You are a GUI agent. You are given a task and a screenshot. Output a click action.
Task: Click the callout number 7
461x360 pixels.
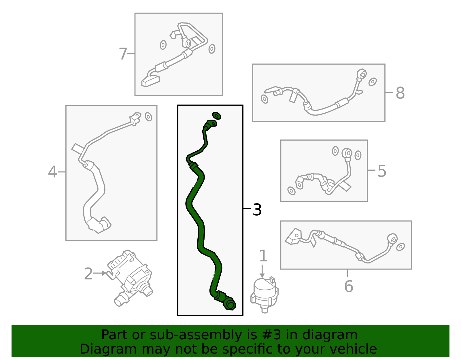[123, 54]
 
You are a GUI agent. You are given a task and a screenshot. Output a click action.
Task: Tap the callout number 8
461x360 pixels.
[400, 93]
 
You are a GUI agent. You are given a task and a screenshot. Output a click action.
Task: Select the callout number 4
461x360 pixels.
[52, 171]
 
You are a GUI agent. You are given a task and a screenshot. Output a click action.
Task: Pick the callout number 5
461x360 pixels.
[382, 171]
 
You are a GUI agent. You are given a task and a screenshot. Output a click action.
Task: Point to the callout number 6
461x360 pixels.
[349, 286]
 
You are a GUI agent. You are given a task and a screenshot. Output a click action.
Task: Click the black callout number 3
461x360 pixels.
[257, 210]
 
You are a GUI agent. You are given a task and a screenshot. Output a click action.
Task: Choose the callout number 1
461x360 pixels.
[263, 255]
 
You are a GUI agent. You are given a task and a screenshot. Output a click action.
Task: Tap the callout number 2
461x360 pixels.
[88, 274]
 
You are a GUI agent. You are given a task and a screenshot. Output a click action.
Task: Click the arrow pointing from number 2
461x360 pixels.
[100, 273]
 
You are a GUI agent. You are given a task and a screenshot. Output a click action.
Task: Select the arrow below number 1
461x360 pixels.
[262, 271]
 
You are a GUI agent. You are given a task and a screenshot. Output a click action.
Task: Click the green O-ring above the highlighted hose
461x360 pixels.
[217, 116]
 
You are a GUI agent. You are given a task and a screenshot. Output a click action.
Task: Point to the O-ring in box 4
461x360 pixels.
[148, 117]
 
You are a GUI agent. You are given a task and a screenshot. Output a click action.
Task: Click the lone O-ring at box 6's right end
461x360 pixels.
[400, 247]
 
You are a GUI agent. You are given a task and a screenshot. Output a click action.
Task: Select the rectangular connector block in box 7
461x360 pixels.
[150, 81]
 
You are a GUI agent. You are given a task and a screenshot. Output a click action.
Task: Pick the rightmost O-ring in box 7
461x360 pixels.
[212, 49]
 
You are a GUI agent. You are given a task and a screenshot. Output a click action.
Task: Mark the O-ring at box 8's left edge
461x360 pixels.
[264, 99]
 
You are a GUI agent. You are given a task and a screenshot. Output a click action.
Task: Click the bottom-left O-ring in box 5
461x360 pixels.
[292, 191]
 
